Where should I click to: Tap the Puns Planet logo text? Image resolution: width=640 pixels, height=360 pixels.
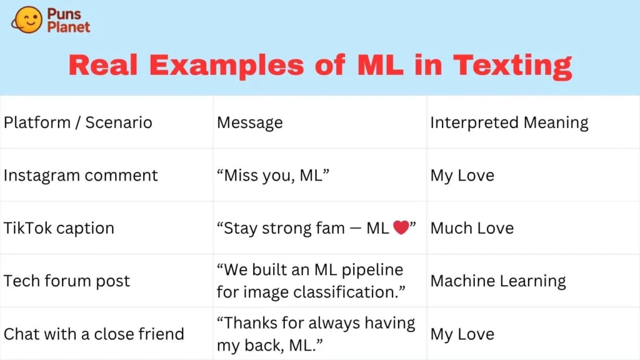point(68,21)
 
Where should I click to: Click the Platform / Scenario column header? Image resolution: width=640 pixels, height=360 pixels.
point(78,122)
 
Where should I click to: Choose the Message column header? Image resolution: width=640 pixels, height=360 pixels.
point(249,122)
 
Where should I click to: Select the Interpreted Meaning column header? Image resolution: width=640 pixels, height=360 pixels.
point(509,122)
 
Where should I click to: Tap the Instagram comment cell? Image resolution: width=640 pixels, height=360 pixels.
point(81,176)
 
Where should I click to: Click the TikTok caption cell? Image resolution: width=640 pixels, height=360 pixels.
point(59,228)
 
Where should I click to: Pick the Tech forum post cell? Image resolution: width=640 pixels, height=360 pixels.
point(67,281)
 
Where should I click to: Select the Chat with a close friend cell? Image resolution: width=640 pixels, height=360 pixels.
point(94,334)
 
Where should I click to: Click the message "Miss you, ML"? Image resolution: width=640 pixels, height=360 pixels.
point(273,176)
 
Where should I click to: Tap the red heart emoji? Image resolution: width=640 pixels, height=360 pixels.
point(401,228)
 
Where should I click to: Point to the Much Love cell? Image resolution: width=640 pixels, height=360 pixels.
point(472,228)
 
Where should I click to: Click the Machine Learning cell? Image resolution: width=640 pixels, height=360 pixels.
point(498,281)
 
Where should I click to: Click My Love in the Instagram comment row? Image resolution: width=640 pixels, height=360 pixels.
point(462,176)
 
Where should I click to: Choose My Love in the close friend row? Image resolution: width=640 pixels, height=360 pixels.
point(462,334)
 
